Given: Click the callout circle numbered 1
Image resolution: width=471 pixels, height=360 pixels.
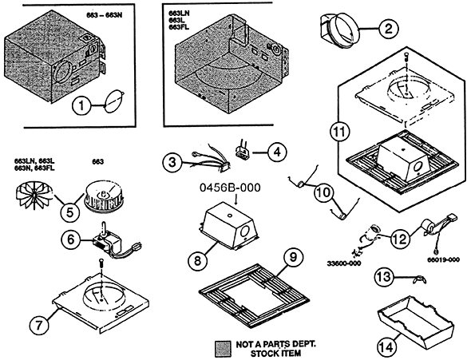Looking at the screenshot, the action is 81,106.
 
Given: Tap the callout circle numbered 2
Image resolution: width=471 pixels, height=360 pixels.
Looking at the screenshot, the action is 389,29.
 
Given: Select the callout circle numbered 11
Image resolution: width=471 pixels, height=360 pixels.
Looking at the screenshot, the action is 340,133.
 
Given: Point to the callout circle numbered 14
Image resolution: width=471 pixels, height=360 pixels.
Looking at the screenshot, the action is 386,348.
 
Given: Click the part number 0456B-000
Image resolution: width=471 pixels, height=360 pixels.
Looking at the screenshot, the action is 230,188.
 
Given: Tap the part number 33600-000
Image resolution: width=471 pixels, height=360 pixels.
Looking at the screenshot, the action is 344,263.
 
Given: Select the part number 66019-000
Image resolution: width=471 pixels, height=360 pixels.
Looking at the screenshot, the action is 443,259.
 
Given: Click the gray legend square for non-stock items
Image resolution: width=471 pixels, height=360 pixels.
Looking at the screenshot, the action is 223,348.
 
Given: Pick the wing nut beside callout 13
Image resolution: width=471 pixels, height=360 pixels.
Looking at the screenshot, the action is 418,280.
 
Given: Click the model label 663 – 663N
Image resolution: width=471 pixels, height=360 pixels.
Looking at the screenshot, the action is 105,15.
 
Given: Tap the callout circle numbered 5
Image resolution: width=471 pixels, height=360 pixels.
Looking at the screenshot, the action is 69,213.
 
